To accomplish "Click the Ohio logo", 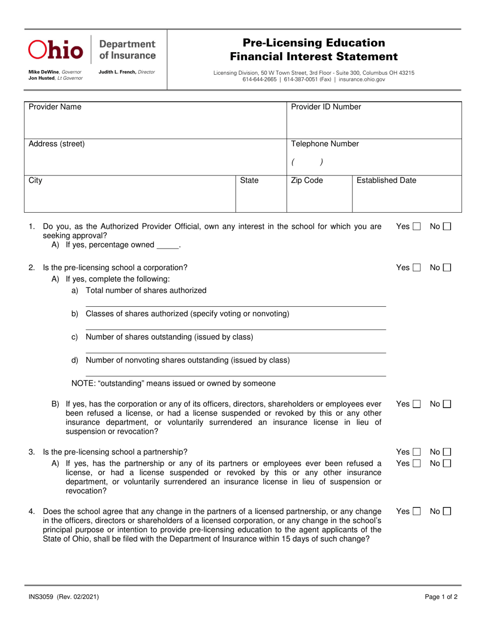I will tap(55, 49).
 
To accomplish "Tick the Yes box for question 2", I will tap(416, 267).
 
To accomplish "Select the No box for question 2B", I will tap(447, 405).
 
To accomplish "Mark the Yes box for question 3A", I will tap(416, 464).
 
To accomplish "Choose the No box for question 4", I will tap(447, 511).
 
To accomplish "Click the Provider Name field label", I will tap(55, 107).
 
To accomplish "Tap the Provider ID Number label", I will tap(326, 107).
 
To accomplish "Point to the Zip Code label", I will tap(307, 181).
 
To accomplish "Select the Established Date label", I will tap(386, 181).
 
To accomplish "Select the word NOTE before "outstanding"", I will tap(82, 384).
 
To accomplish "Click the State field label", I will tap(249, 181).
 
